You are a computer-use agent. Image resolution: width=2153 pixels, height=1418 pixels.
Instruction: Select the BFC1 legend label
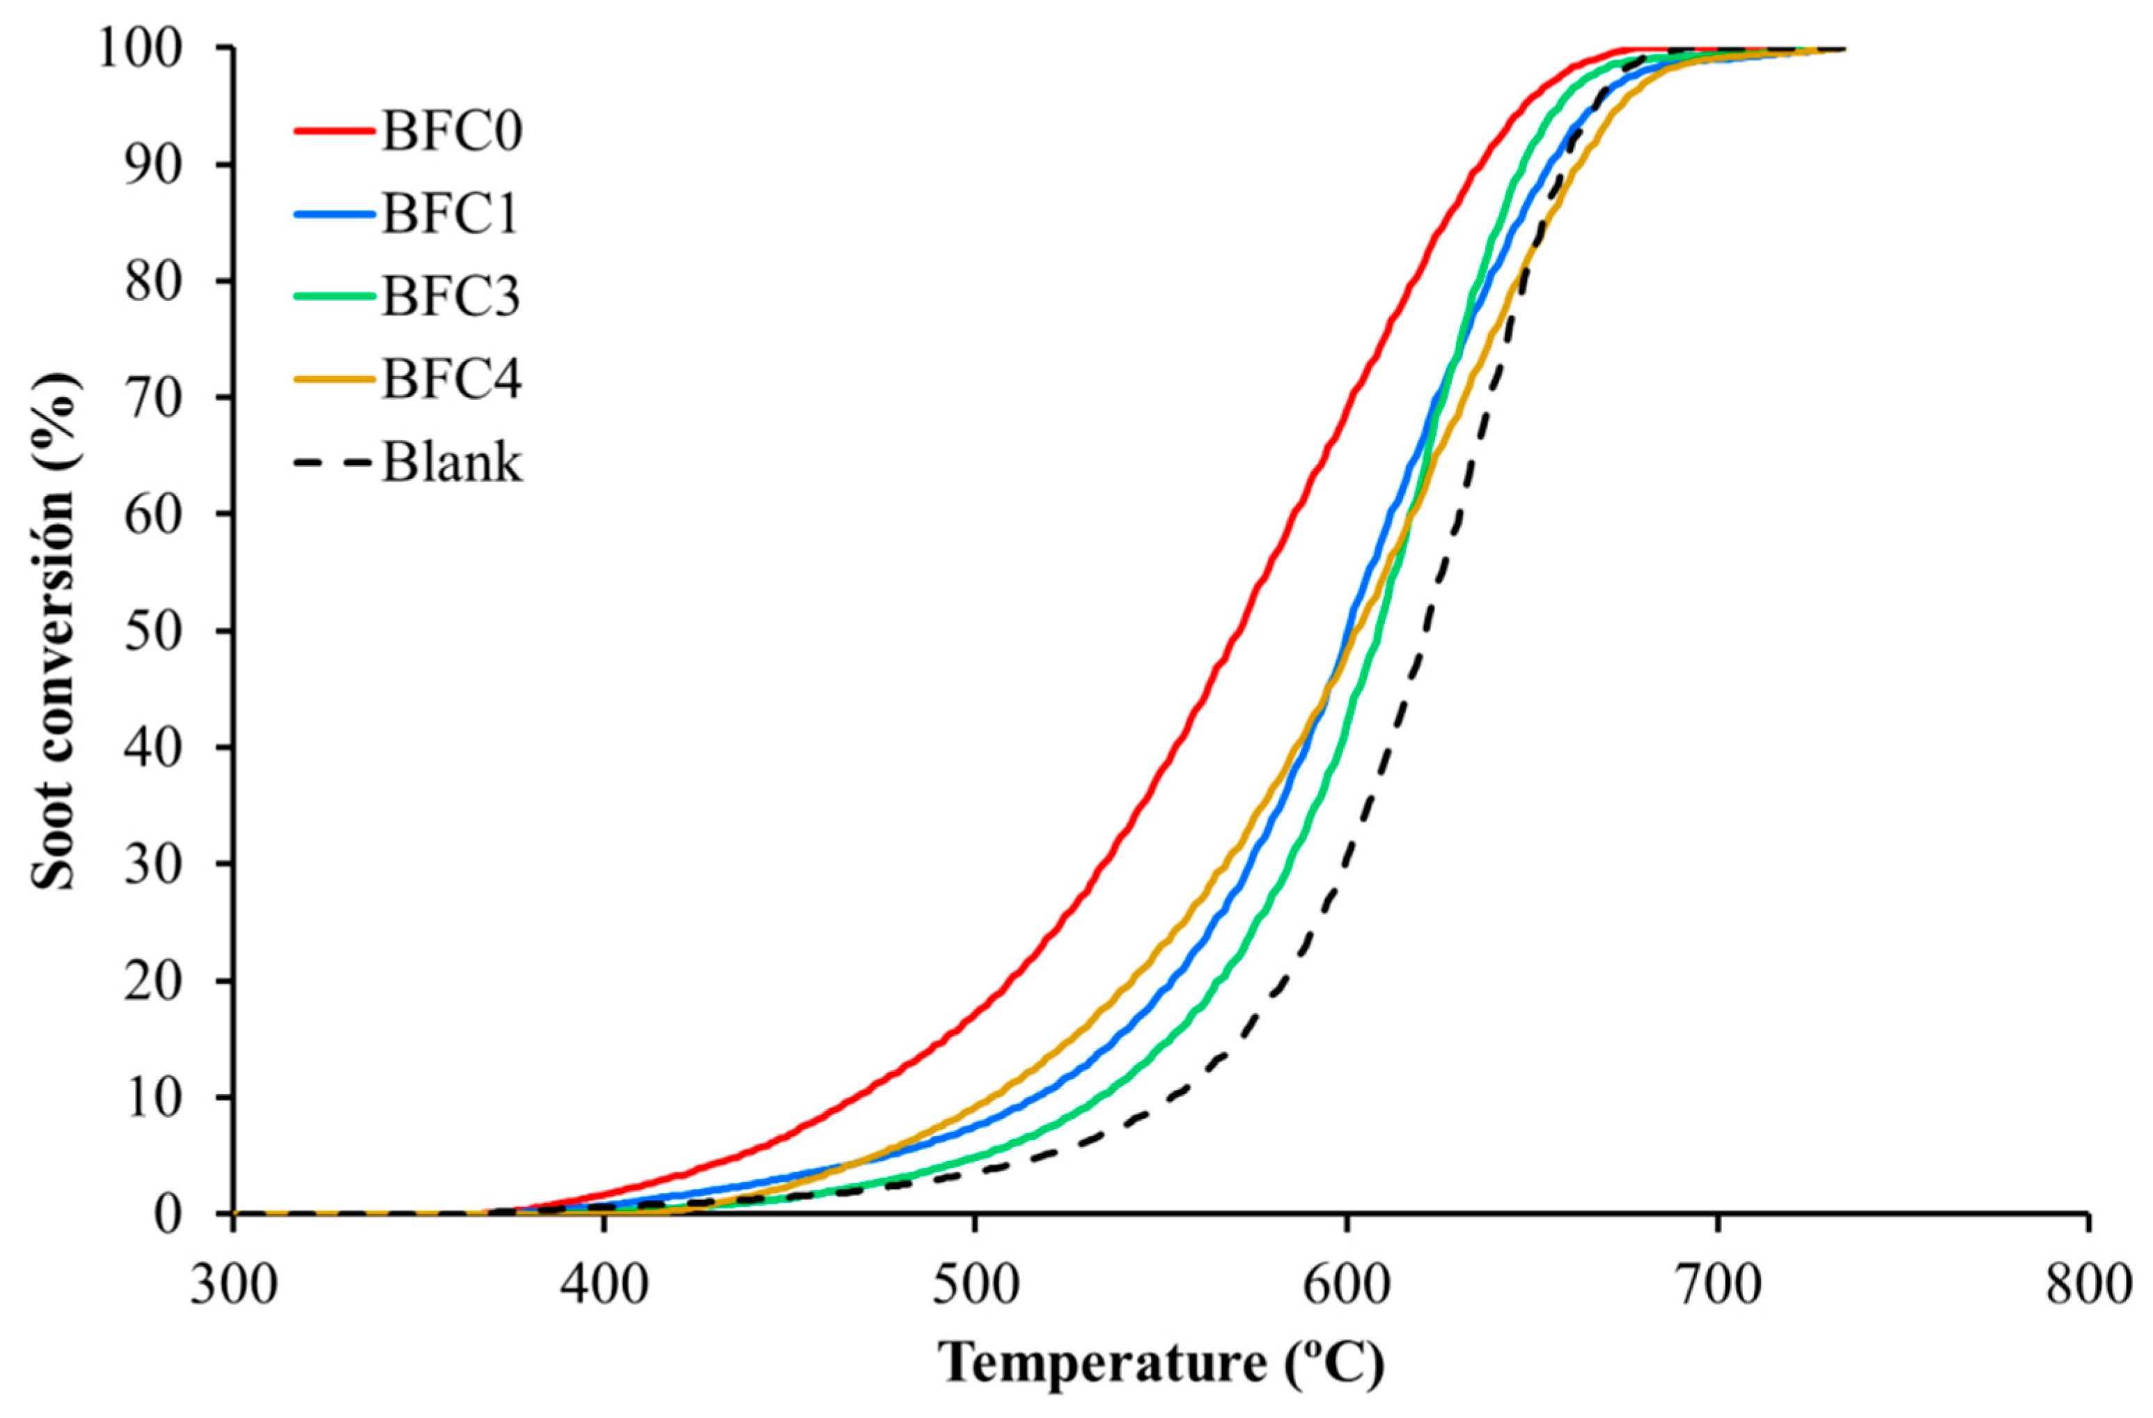click(x=451, y=215)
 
